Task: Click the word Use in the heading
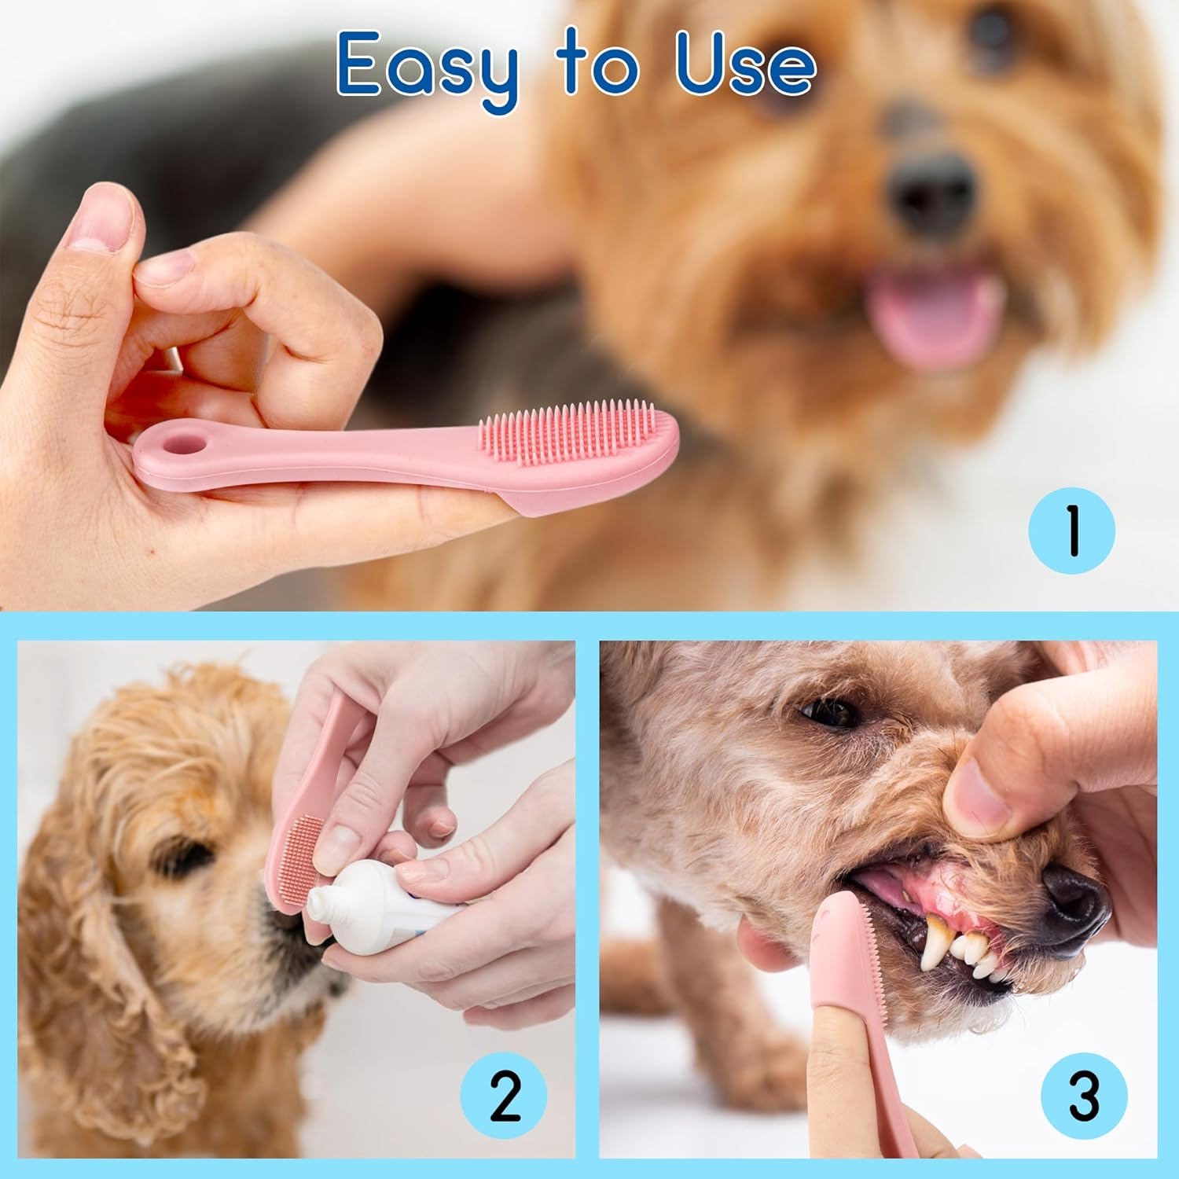click(x=745, y=67)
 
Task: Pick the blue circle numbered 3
click(x=1083, y=1096)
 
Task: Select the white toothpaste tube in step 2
click(x=369, y=896)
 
